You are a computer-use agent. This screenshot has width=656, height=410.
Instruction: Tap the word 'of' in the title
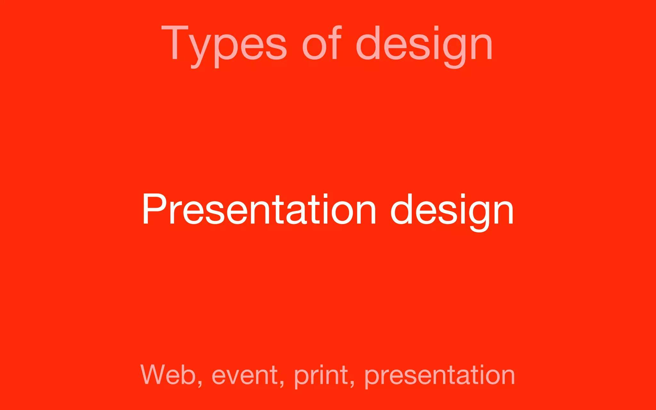point(322,43)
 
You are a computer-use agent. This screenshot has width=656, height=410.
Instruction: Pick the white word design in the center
point(452,210)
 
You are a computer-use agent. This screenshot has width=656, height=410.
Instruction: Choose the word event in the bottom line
point(245,375)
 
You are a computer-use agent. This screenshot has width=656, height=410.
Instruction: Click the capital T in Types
point(175,43)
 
